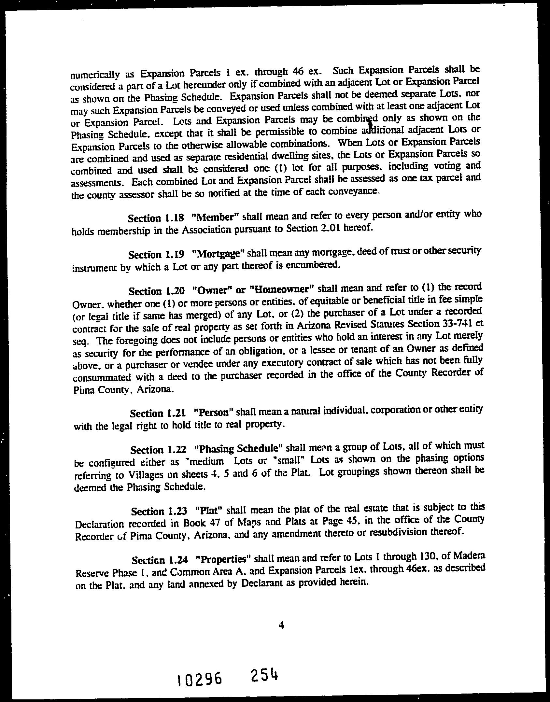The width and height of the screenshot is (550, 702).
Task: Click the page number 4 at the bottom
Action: coord(281,625)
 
